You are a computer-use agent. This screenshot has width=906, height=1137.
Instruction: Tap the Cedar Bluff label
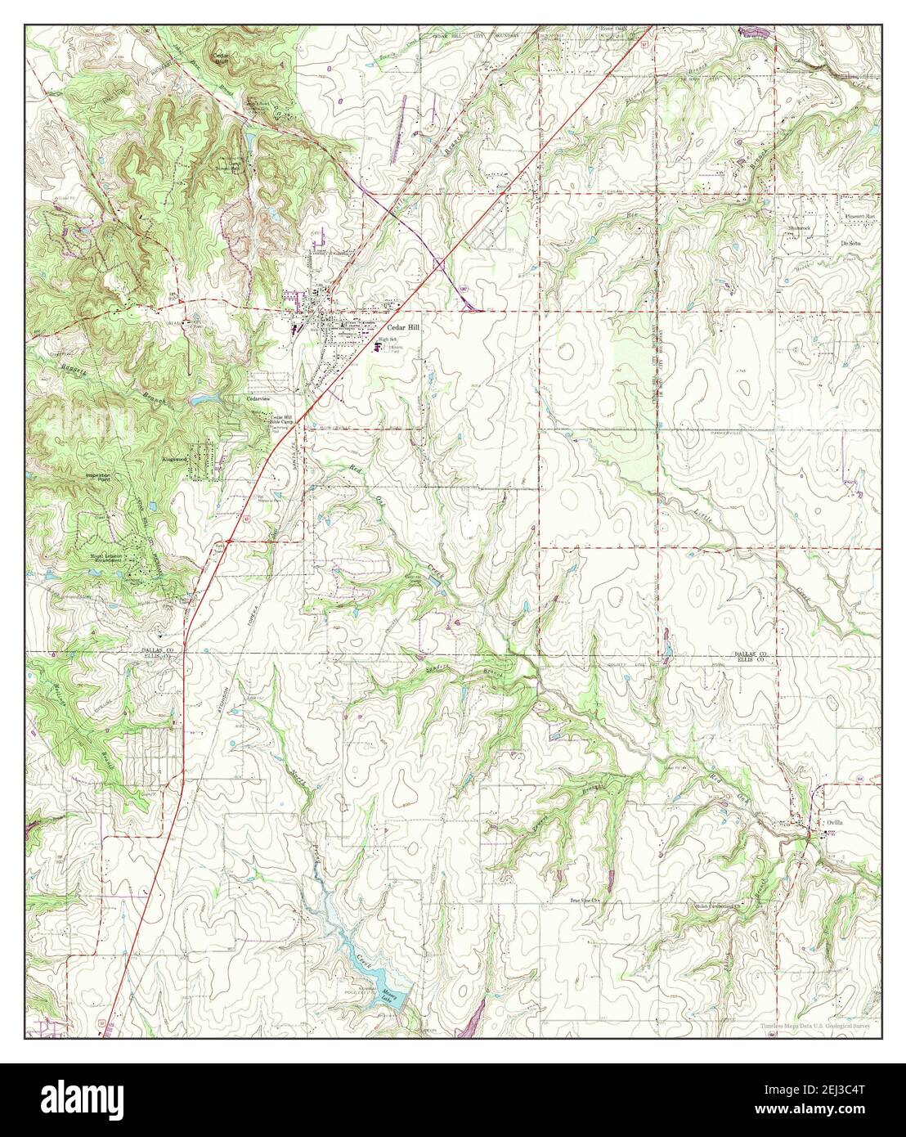pos(221,59)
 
